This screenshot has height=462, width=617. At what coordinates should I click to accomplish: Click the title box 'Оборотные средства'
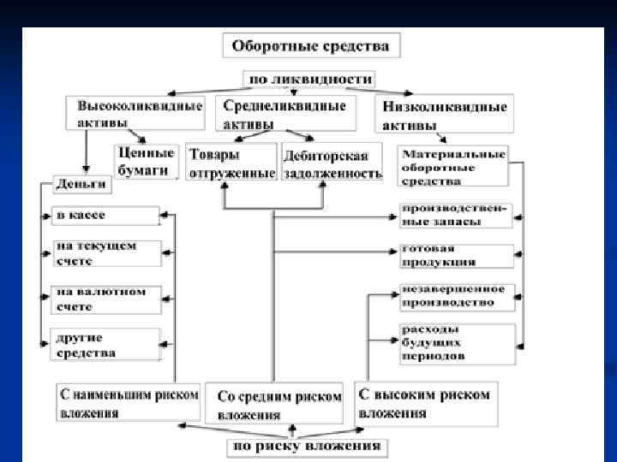tap(311, 46)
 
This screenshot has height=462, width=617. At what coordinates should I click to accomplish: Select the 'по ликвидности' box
tap(310, 79)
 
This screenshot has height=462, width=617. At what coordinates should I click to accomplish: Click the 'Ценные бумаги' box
tap(146, 160)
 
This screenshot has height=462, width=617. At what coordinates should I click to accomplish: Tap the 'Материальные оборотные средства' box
tap(454, 166)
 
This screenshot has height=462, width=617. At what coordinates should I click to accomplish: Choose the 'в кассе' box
tap(105, 215)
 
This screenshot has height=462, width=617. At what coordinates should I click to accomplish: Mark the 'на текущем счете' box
tap(105, 253)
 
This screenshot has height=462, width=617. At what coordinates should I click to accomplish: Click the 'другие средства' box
tap(105, 345)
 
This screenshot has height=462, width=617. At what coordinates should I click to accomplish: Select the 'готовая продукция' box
tap(457, 256)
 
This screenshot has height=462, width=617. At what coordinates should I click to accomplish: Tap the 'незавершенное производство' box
tap(457, 296)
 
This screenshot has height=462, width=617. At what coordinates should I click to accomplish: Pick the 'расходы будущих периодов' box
tap(457, 342)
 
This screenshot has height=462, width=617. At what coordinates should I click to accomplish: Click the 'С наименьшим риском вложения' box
tap(128, 403)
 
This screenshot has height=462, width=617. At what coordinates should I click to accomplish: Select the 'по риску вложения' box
tap(307, 447)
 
